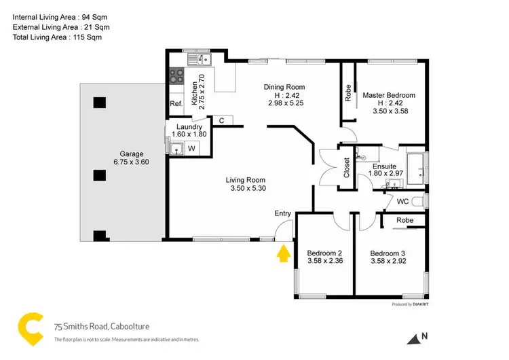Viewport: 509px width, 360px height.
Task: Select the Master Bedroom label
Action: tap(388, 95)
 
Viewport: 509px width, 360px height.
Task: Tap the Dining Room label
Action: tap(284, 87)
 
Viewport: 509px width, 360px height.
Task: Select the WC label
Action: tap(402, 201)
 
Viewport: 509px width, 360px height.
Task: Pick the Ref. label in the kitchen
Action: tap(176, 103)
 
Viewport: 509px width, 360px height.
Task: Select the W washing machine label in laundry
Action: tap(192, 148)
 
